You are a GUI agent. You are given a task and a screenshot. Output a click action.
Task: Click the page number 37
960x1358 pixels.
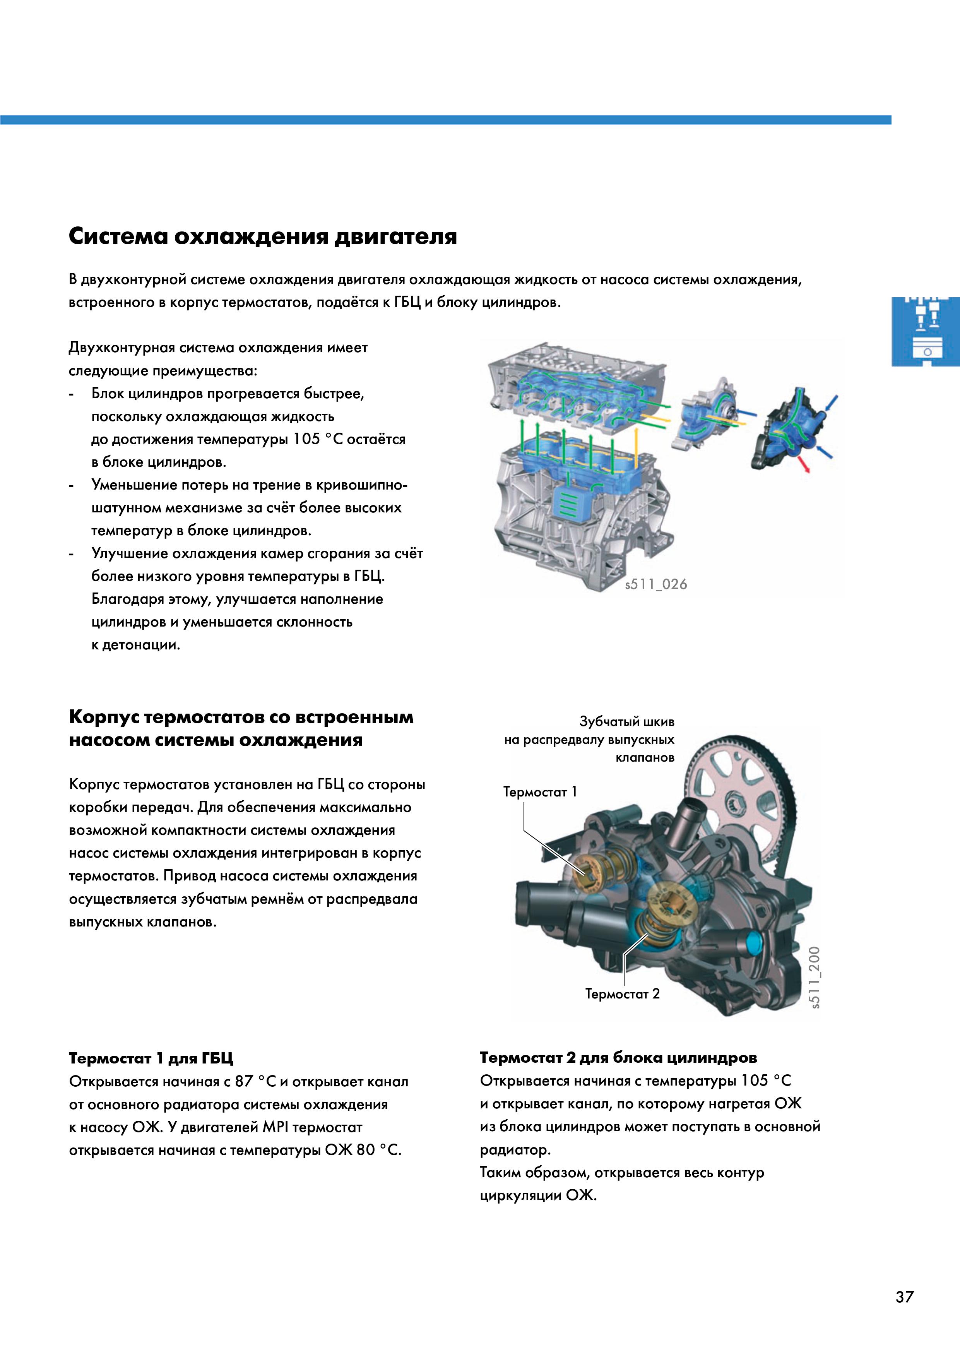904,1296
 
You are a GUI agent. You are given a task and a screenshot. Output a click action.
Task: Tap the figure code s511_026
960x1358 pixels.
656,584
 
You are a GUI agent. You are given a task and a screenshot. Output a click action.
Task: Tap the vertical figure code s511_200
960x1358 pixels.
815,978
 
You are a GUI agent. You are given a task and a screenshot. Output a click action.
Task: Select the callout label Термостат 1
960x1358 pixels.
539,792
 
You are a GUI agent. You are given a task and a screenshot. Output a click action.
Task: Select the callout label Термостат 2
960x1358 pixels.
622,994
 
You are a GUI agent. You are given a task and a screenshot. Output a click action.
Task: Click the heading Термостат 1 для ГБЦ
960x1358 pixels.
151,1058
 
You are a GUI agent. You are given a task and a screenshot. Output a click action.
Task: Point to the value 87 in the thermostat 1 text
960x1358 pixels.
244,1082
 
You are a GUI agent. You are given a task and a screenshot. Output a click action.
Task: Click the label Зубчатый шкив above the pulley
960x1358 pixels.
626,722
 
